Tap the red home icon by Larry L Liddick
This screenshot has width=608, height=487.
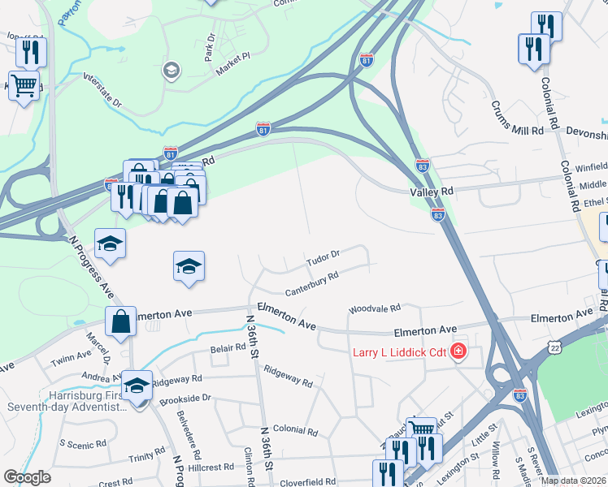pos(458,351)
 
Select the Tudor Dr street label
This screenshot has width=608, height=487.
pos(323,259)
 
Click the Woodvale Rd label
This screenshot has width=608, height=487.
pos(375,309)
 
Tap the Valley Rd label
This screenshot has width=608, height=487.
pos(431,190)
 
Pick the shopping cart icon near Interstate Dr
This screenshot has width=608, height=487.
pos(24,84)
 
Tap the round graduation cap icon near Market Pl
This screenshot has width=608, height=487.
pos(172,71)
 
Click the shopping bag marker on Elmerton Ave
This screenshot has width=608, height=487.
pos(121,320)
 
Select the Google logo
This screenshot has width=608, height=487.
pos(27,477)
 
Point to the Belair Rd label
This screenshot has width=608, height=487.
pos(228,347)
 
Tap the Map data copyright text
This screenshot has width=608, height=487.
pos(573,481)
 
